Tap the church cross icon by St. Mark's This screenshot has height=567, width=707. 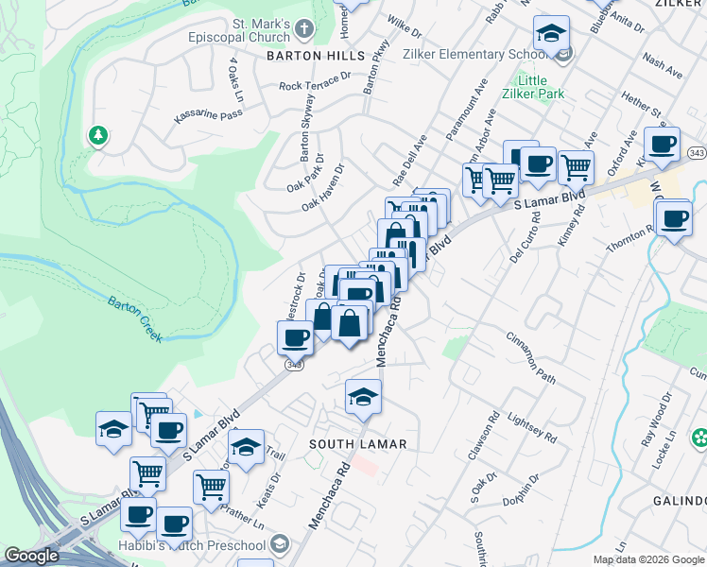click(x=303, y=29)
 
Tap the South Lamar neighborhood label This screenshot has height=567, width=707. click(x=359, y=443)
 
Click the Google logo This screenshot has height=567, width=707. click(x=31, y=556)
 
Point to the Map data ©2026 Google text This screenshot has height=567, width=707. click(x=648, y=559)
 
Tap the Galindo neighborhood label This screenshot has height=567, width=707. click(x=679, y=500)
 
